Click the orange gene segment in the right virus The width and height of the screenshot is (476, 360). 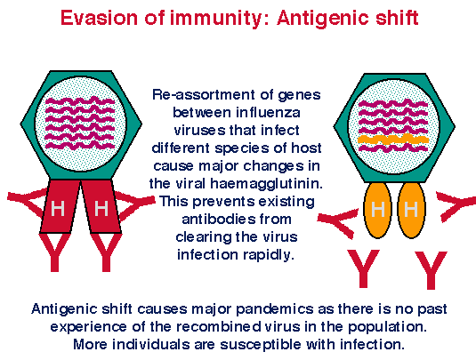(x=393, y=140)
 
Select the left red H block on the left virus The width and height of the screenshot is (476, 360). (x=60, y=206)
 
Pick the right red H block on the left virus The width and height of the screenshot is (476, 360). (x=101, y=206)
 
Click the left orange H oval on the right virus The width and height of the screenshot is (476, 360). (x=377, y=210)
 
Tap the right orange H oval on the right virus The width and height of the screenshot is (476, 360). (x=411, y=210)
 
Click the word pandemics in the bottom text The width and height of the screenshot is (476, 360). (x=274, y=309)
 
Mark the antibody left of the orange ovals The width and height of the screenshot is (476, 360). (x=337, y=222)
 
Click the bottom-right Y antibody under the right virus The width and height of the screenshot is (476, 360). (x=432, y=270)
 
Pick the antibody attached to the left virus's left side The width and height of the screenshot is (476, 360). (x=26, y=202)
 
